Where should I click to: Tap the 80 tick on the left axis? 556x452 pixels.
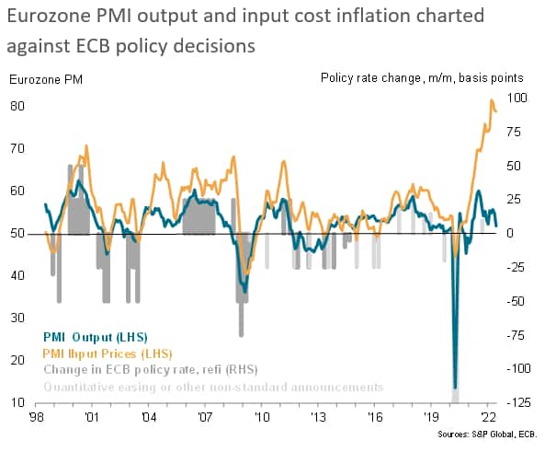(17, 106)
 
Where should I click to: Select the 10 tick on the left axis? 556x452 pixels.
(17, 402)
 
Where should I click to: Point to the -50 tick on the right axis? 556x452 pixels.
(517, 301)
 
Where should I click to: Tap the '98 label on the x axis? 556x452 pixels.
(38, 417)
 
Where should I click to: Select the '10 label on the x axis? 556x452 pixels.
(262, 417)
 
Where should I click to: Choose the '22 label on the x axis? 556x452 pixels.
(487, 417)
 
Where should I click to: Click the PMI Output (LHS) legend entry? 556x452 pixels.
(95, 336)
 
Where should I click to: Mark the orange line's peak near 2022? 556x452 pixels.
(492, 99)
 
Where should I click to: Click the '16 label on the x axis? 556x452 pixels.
(375, 417)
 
